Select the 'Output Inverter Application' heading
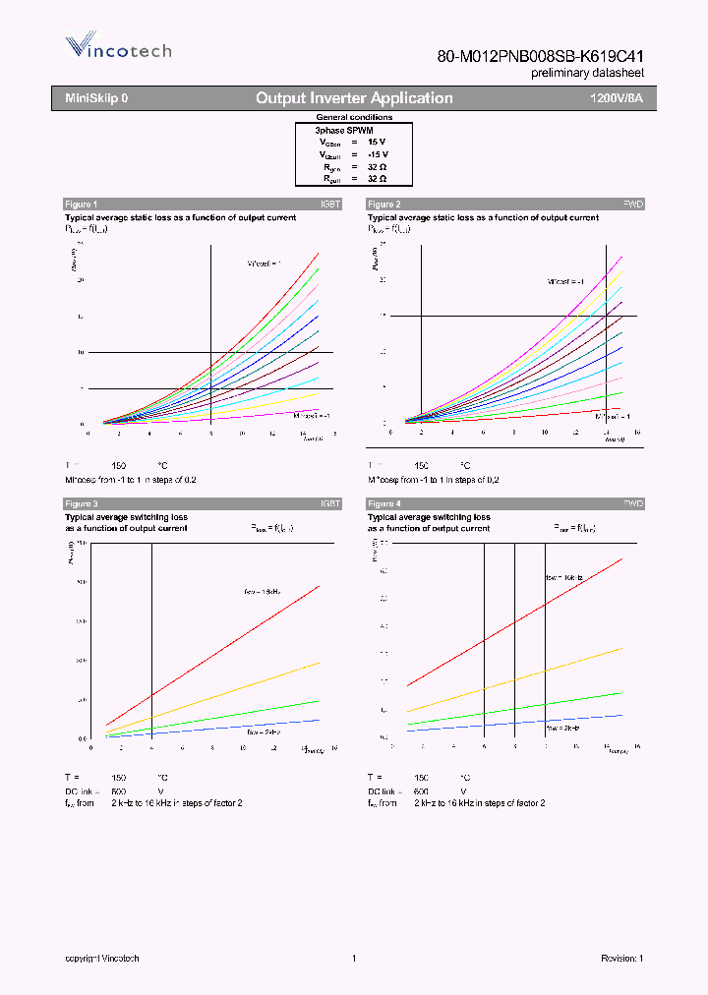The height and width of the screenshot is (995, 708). click(354, 98)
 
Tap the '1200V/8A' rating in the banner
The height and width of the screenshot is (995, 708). click(616, 98)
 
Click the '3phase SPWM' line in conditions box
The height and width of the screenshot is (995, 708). click(343, 130)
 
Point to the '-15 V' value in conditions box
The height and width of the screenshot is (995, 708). click(378, 154)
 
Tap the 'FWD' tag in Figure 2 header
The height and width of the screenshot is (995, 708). click(633, 204)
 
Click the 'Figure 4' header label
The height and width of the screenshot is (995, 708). click(383, 503)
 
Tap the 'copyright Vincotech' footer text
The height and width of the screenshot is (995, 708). click(102, 959)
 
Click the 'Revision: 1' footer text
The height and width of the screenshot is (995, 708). click(621, 959)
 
